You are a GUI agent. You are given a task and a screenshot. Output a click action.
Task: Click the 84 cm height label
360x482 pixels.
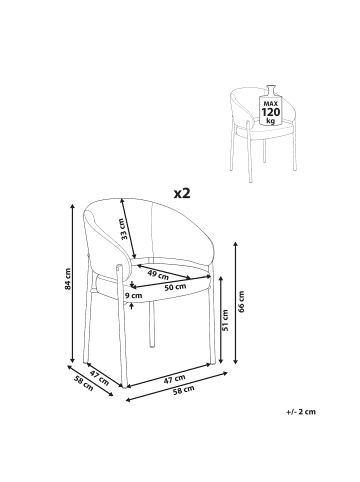(x=68, y=279)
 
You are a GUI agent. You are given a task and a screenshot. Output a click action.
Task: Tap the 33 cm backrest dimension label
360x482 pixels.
(x=124, y=229)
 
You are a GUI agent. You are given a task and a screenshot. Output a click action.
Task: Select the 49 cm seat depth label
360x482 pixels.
(x=158, y=275)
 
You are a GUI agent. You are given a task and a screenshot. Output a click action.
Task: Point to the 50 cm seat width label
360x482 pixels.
(x=175, y=287)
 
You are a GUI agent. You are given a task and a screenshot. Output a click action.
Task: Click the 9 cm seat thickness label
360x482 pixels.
(x=133, y=295)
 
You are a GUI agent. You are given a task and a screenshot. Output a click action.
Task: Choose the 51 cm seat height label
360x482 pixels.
(x=225, y=320)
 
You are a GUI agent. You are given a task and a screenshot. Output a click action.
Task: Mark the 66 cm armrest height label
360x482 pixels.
(x=242, y=302)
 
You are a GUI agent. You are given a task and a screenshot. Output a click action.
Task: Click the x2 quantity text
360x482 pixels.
(x=182, y=193)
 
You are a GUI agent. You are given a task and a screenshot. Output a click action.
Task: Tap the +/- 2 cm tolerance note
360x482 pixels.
(x=301, y=412)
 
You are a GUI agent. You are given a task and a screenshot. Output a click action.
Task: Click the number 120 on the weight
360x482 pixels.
(x=271, y=112)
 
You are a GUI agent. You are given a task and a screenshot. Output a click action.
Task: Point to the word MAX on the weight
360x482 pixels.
(x=271, y=104)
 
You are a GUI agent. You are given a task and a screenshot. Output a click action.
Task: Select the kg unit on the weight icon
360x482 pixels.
(x=271, y=120)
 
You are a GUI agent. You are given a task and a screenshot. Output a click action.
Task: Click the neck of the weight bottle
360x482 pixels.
(x=271, y=90)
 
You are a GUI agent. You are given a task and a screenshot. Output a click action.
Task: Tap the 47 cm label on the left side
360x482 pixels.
(x=99, y=377)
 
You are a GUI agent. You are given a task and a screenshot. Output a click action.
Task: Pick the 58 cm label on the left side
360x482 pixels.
(x=83, y=383)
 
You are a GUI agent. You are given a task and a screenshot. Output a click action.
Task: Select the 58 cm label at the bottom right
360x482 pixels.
(x=184, y=390)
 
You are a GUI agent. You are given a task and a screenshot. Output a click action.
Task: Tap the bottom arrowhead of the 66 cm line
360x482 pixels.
(x=236, y=361)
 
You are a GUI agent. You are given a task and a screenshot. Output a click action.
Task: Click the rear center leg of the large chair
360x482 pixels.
(x=152, y=324)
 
